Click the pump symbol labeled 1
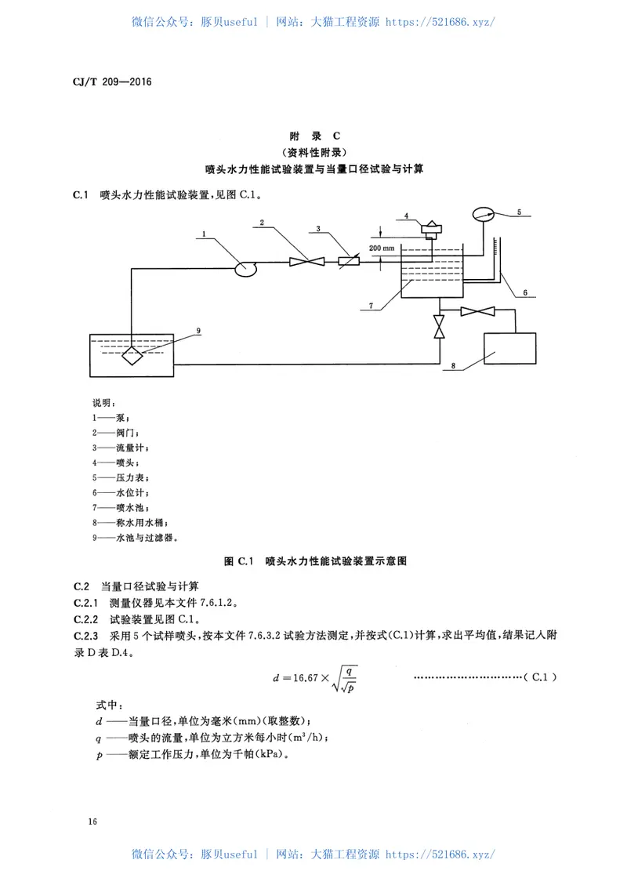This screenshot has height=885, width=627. click(x=245, y=268)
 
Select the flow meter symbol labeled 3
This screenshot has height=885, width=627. click(x=346, y=262)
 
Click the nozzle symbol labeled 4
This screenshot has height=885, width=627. click(x=431, y=229)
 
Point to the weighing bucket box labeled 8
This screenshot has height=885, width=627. click(x=510, y=349)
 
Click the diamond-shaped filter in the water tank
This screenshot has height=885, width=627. click(x=132, y=354)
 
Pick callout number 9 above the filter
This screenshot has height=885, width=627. click(x=198, y=331)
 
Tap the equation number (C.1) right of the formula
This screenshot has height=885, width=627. click(x=541, y=675)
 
